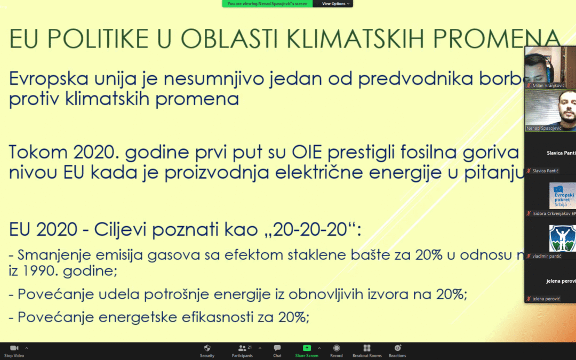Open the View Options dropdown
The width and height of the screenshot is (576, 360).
[336, 4]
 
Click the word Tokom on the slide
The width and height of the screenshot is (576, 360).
[34, 153]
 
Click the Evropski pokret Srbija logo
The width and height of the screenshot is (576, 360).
[562, 196]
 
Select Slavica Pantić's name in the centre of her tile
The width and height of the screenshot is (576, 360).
[561, 153]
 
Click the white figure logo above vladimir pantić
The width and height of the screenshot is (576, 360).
[562, 238]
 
